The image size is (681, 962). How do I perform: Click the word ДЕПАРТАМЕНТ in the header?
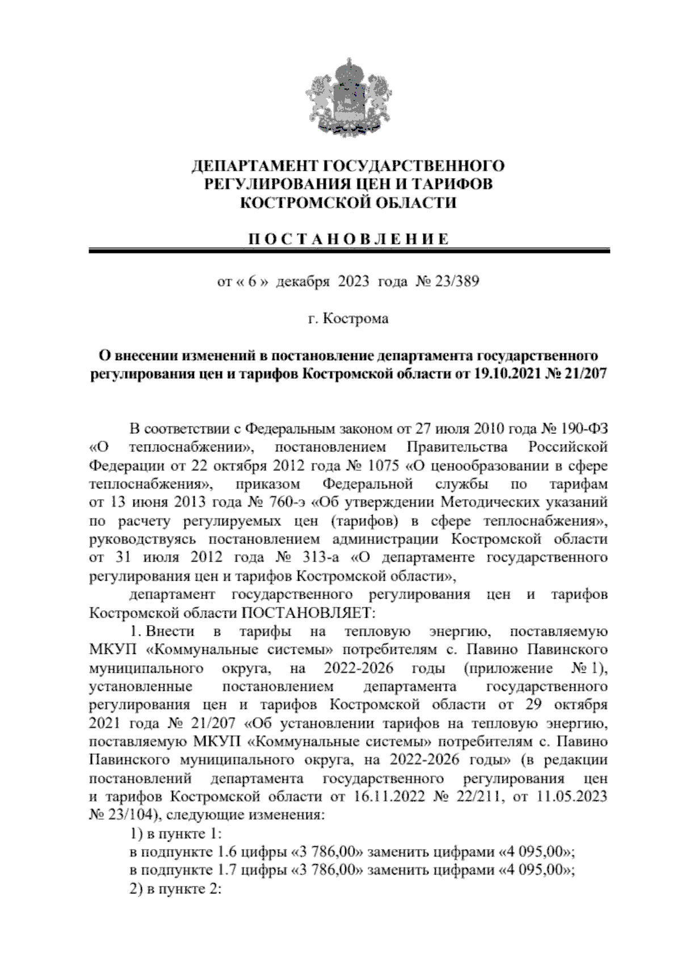[253, 166]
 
